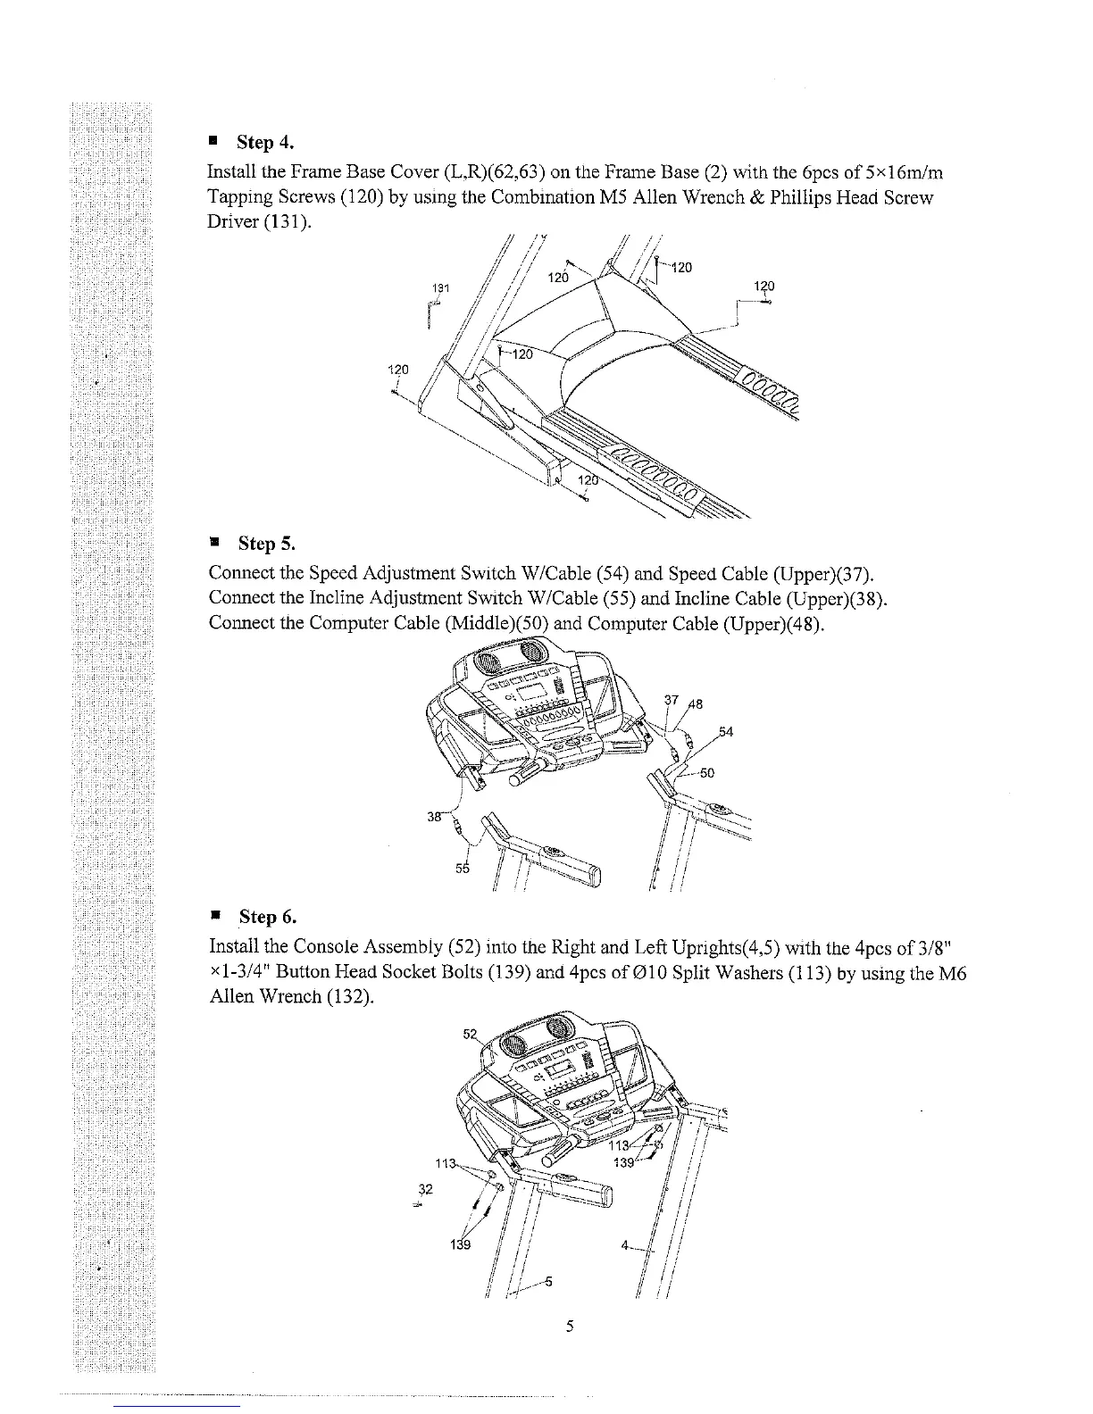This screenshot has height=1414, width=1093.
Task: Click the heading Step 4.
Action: coord(264,143)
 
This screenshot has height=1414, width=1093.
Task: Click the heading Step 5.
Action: coord(265,544)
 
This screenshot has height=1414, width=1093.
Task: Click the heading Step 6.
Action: coord(267,917)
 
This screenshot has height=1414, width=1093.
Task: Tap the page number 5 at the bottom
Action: coord(569,1326)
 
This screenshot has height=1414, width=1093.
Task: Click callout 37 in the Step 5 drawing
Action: coord(672,699)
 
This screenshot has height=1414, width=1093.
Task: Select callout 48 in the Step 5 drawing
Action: coord(695,703)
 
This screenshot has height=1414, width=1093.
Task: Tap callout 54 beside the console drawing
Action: coord(726,733)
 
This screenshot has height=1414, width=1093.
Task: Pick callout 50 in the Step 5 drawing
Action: coord(705,773)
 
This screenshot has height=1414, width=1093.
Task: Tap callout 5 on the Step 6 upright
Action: coord(548,1283)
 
